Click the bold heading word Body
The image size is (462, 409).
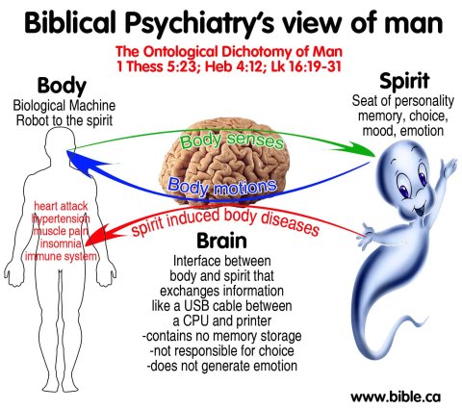point(61,86)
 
